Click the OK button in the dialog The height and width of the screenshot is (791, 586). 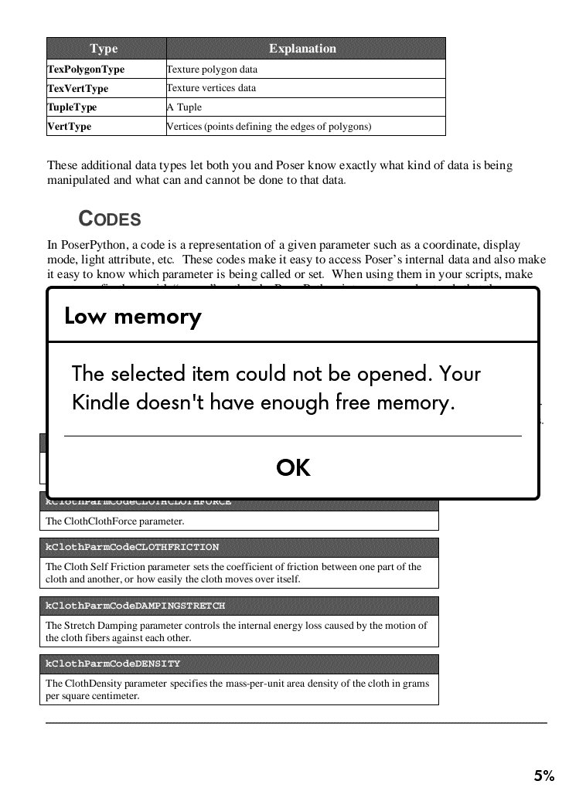tap(293, 467)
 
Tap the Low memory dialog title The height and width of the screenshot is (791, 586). tap(133, 317)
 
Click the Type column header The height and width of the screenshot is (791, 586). tap(104, 49)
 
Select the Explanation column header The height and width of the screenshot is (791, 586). tap(302, 49)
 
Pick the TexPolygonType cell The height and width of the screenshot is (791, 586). tap(86, 70)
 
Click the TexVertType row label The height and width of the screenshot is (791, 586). tap(78, 88)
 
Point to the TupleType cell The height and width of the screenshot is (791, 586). tap(73, 107)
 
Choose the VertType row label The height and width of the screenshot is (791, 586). tap(70, 126)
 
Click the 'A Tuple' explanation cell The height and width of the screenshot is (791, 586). tap(184, 107)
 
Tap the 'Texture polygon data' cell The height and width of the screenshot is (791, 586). tap(212, 70)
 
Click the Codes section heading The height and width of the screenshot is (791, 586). tap(110, 219)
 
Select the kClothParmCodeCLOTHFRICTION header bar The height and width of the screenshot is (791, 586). tap(132, 547)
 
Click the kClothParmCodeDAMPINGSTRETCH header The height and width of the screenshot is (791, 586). tap(135, 606)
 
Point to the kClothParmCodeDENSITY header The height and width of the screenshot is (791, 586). tap(113, 664)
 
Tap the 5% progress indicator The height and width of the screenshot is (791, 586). tap(543, 776)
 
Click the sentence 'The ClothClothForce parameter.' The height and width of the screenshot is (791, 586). tap(114, 521)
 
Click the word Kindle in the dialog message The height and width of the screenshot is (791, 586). tap(101, 402)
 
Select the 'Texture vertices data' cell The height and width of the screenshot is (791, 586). tap(211, 88)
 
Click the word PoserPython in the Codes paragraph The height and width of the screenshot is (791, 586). tap(87, 245)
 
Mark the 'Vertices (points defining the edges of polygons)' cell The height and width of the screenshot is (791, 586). tap(269, 126)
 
